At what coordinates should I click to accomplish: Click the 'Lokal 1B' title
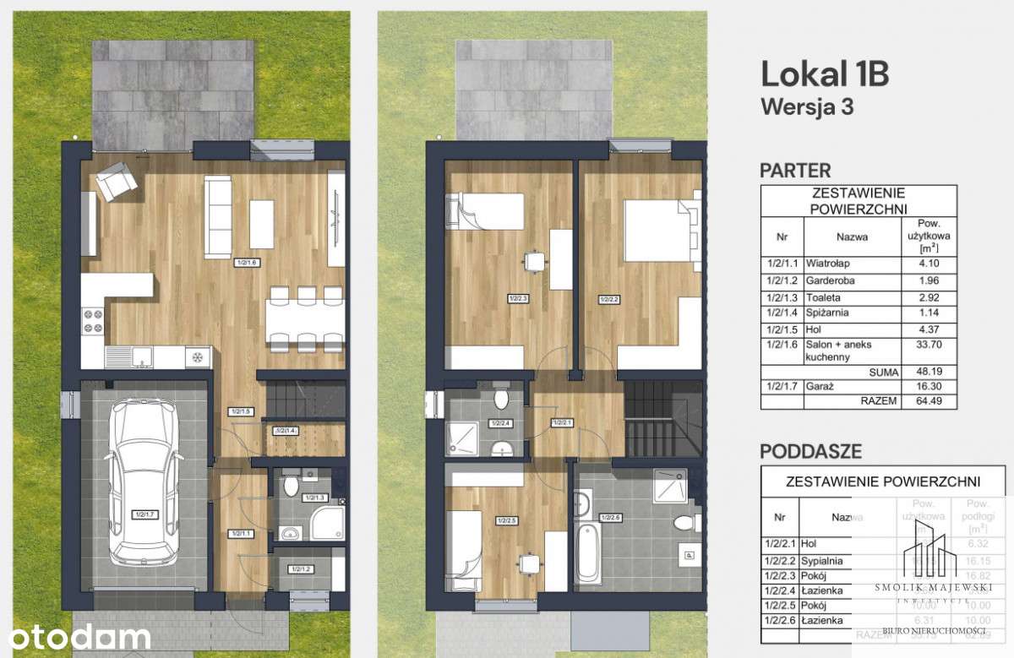point(824,74)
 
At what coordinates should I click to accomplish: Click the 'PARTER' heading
point(795,171)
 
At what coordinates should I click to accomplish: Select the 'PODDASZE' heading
point(811,450)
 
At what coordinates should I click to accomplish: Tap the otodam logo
point(76,636)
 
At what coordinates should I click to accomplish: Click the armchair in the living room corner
point(115,181)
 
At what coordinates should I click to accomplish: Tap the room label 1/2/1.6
point(247,263)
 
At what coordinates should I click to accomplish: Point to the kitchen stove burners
point(92,321)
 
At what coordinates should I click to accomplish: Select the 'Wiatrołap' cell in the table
point(826,263)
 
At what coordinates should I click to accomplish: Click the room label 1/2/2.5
point(507,520)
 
